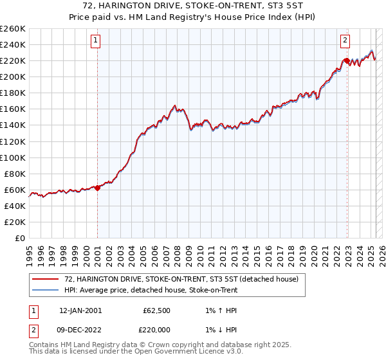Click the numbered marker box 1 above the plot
click(x=95, y=40)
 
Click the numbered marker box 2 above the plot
click(x=345, y=40)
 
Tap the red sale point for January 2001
click(x=97, y=188)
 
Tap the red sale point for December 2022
click(x=347, y=60)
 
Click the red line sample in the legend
click(x=46, y=280)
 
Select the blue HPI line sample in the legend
click(x=46, y=291)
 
